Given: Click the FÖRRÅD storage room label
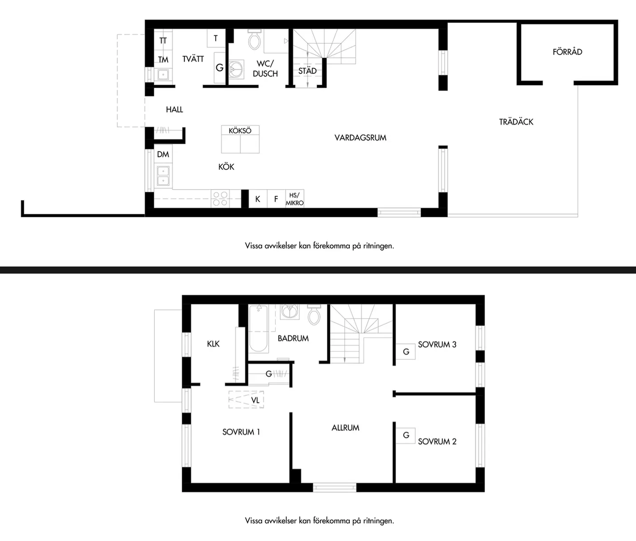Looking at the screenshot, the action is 568,52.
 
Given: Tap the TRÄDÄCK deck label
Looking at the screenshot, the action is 516,122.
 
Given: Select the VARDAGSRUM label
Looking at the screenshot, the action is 360,137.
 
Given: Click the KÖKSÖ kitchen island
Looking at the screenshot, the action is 240,139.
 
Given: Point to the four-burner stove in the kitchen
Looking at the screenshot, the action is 220,198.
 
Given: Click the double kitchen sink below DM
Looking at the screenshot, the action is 163,176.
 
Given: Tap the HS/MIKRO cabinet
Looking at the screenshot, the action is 295,199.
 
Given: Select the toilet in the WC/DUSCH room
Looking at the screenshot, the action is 254,39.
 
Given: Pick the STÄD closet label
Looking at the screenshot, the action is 307,71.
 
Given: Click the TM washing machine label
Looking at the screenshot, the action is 163,59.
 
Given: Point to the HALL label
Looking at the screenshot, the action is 174,110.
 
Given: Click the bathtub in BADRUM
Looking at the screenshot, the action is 258,328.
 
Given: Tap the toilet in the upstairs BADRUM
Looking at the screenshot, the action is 314,315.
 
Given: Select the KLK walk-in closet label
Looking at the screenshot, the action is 213,344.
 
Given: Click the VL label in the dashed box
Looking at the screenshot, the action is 255,400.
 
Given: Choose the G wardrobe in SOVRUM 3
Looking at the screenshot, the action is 405,351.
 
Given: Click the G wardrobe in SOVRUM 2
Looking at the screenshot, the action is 405,436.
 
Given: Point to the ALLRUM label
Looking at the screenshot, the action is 345,428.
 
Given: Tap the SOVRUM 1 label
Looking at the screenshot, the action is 241,432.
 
